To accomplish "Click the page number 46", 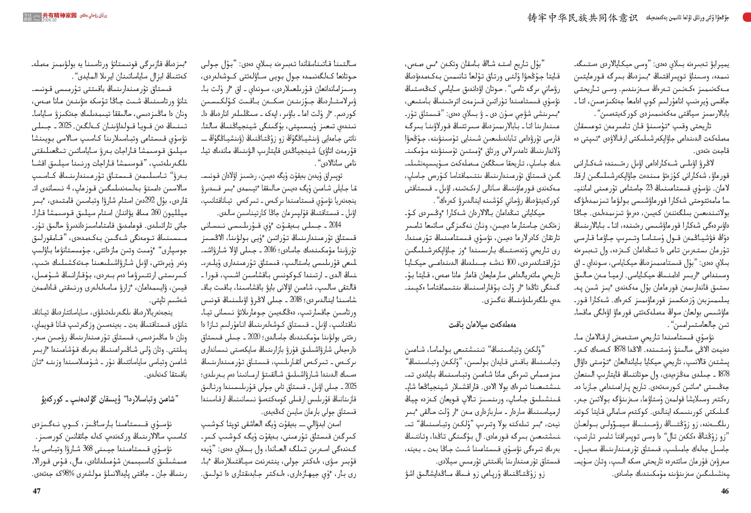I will coord(725,491).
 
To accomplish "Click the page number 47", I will coord(37,491).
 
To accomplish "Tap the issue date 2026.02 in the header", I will coord(50,20).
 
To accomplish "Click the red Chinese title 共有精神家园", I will coord(60,15).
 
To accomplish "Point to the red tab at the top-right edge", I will coord(747,17).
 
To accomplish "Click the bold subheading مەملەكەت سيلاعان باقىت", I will coord(482,325).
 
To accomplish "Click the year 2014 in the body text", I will coord(335,225).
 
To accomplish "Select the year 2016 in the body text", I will coord(269,250).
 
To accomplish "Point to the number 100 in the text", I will coord(511,262).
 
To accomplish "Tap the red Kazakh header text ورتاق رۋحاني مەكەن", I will coord(93,15).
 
